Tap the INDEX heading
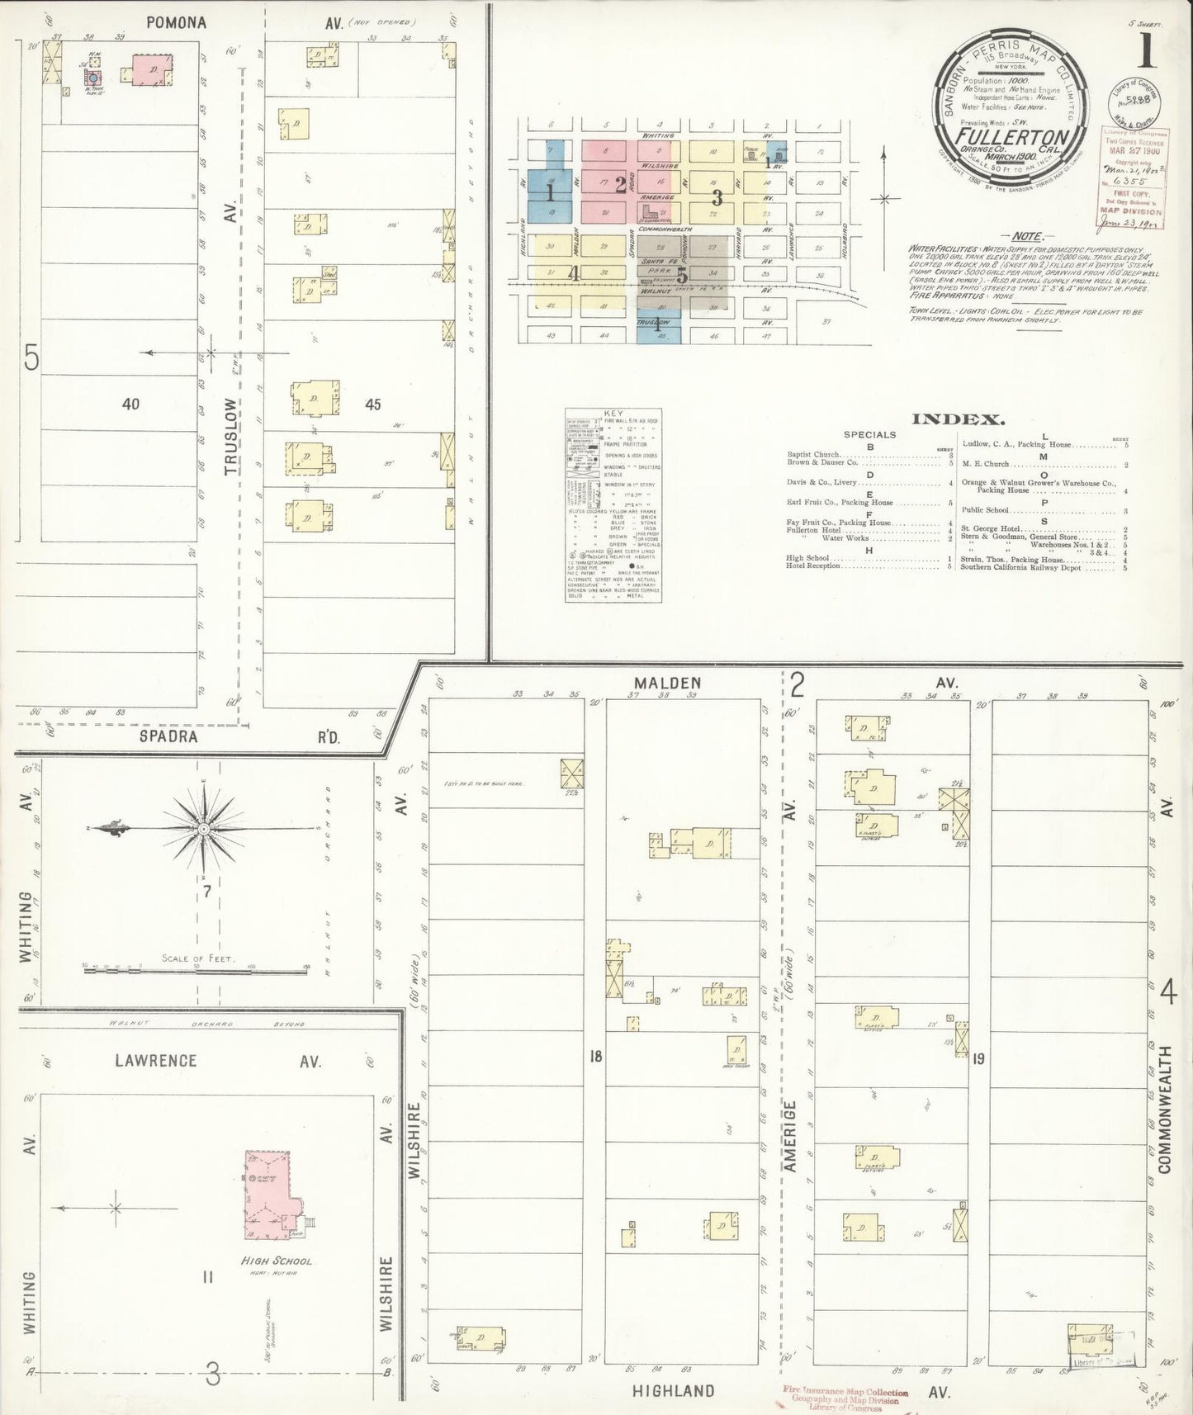click(x=956, y=419)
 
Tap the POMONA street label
click(x=176, y=23)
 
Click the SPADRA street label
click(x=168, y=736)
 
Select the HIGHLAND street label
click(x=673, y=1391)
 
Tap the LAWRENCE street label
click(x=155, y=1061)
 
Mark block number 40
click(x=130, y=404)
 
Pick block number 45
click(x=373, y=404)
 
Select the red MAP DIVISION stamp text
click(x=1130, y=210)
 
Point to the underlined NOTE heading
click(x=1027, y=236)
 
